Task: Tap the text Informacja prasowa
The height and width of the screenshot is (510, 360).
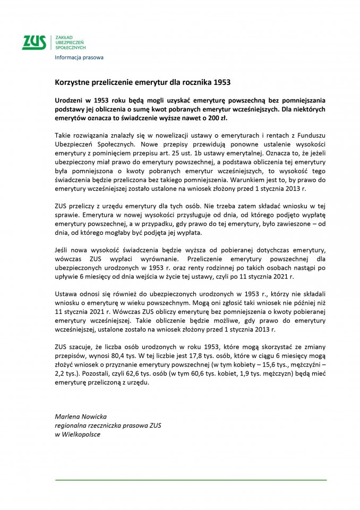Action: pyautogui.click(x=79, y=57)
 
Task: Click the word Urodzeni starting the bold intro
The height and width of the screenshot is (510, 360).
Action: pyautogui.click(x=71, y=100)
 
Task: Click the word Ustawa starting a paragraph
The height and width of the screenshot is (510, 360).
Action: pyautogui.click(x=66, y=293)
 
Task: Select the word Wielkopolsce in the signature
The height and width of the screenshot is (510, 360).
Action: pyautogui.click(x=82, y=433)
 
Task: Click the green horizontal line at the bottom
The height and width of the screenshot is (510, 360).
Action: pyautogui.click(x=191, y=480)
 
